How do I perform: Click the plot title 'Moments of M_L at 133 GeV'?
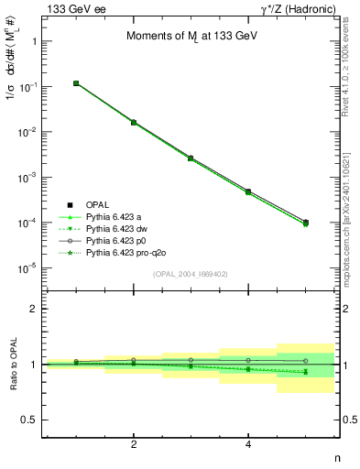(x=191, y=37)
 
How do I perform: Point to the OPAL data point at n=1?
(x=77, y=83)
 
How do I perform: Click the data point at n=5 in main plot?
(x=306, y=223)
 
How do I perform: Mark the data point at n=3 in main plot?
(x=191, y=158)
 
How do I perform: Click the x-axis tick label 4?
(x=248, y=444)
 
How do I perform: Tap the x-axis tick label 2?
(x=134, y=444)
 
